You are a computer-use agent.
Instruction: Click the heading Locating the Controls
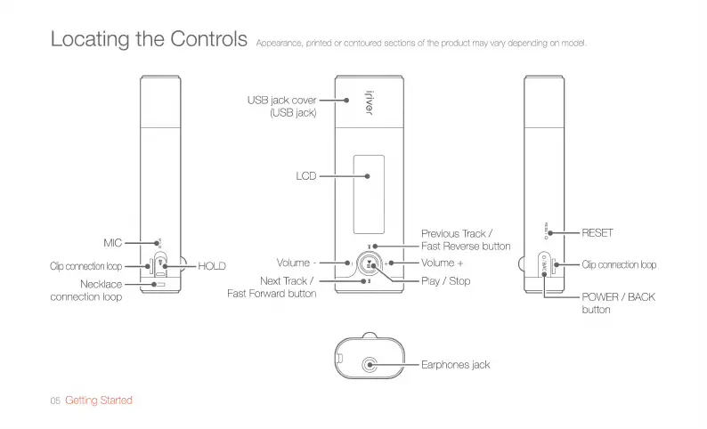149,40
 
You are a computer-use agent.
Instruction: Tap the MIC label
111,242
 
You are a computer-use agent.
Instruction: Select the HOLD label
212,266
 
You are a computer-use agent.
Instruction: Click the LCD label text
306,176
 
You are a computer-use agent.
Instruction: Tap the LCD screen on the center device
368,191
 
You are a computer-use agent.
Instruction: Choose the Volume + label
443,263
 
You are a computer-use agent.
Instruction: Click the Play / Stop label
445,281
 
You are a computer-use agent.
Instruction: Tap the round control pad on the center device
369,263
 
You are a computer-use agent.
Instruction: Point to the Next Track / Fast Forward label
272,287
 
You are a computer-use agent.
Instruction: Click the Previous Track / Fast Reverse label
466,239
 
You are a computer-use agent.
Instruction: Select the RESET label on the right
597,233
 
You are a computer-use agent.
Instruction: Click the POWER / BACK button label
618,303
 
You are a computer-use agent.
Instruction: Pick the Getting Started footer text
99,401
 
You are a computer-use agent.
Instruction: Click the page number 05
55,401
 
